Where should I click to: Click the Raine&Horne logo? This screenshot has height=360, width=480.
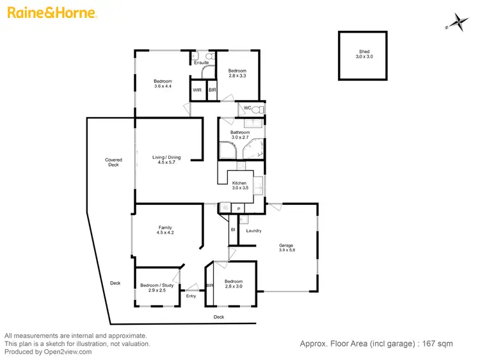pyautogui.click(x=52, y=12)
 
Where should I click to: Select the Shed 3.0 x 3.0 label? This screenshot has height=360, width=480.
pyautogui.click(x=364, y=54)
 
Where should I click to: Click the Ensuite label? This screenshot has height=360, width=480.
pyautogui.click(x=202, y=63)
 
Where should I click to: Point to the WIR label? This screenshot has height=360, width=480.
pyautogui.click(x=198, y=90)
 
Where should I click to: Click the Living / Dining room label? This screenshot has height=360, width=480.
pyautogui.click(x=166, y=160)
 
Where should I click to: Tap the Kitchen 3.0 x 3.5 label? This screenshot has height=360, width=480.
pyautogui.click(x=239, y=186)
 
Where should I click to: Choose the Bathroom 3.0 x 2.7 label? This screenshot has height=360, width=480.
pyautogui.click(x=240, y=135)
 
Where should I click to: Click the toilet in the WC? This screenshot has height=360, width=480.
pyautogui.click(x=257, y=110)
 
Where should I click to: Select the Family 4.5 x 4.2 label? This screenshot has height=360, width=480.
pyautogui.click(x=165, y=230)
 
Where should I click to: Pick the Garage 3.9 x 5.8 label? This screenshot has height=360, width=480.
pyautogui.click(x=286, y=248)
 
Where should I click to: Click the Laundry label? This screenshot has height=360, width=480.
pyautogui.click(x=253, y=231)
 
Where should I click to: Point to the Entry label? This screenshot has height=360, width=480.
pyautogui.click(x=191, y=296)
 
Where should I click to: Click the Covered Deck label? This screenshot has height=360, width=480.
pyautogui.click(x=113, y=163)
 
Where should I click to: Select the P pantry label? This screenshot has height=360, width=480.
pyautogui.click(x=238, y=209)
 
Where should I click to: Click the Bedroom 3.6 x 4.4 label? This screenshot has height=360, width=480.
pyautogui.click(x=163, y=83)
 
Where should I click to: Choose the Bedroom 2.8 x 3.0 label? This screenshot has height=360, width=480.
pyautogui.click(x=234, y=284)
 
